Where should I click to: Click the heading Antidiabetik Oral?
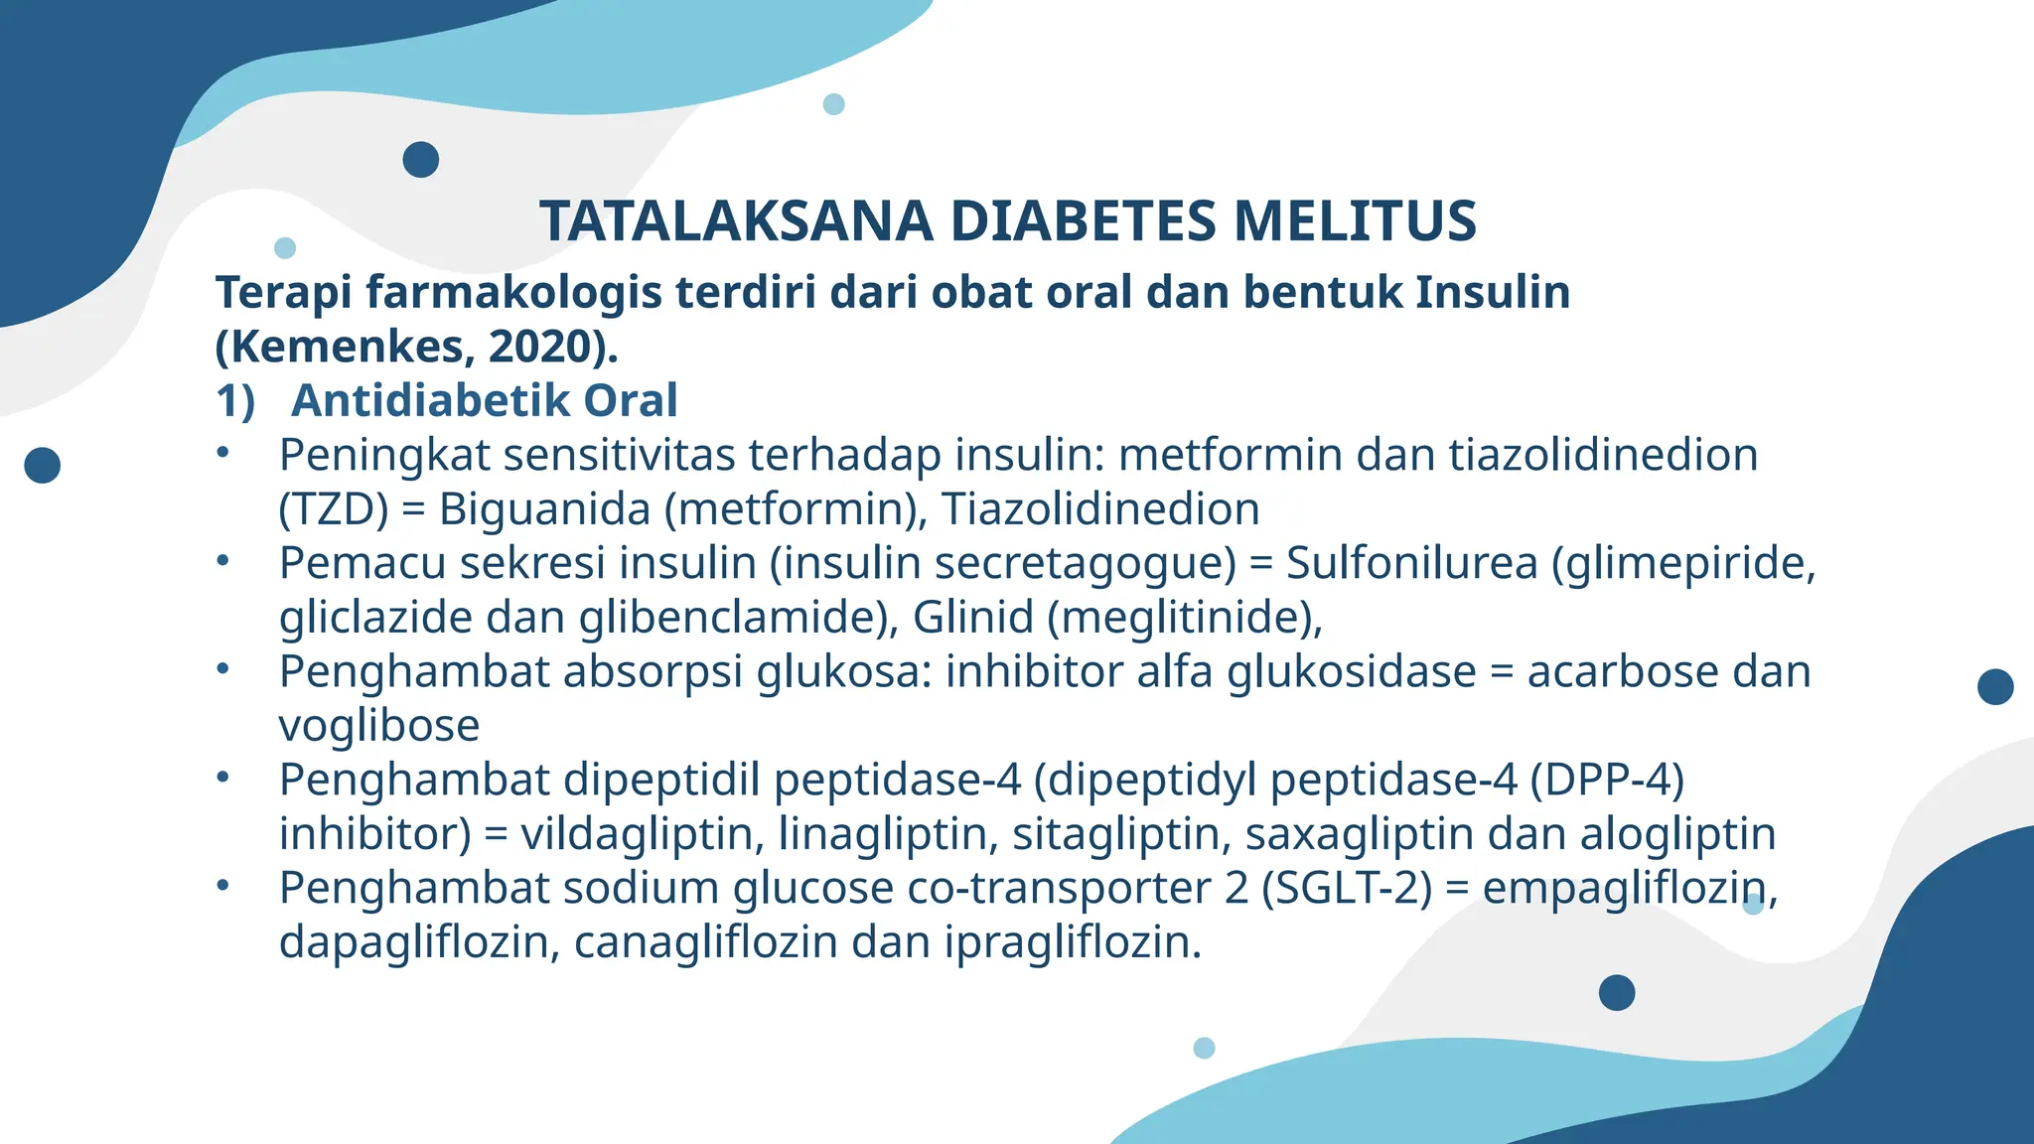484,400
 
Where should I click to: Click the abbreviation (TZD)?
334,509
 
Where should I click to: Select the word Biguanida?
544,509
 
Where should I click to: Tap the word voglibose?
378,725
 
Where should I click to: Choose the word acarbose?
1623,671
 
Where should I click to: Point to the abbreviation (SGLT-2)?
1347,888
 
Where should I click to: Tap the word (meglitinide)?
1185,618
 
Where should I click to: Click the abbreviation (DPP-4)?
1607,780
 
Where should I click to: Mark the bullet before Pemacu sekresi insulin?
223,561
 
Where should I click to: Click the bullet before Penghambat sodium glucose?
223,885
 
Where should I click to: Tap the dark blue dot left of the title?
421,159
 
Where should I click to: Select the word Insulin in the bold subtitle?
1492,292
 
